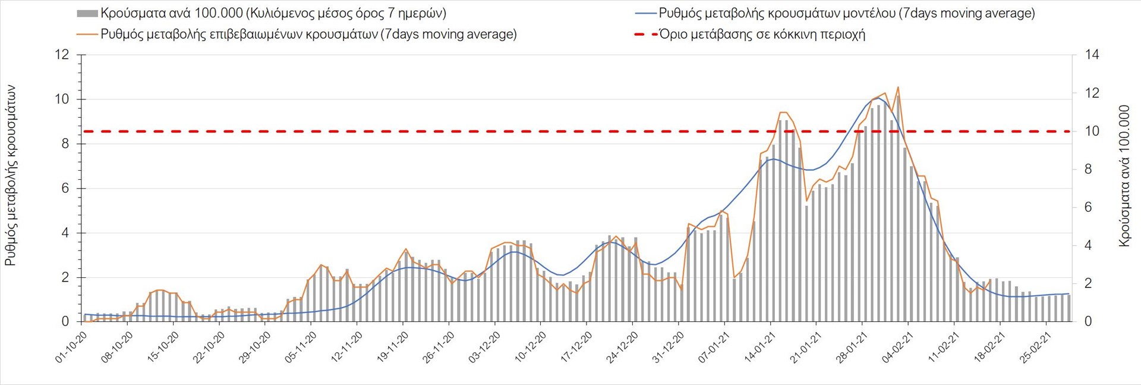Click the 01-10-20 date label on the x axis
72,348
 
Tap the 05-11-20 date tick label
301,348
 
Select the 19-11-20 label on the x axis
393,348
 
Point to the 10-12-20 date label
531,348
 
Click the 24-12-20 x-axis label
622,348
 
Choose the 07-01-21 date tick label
714,348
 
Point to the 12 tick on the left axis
62,55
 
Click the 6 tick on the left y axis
65,188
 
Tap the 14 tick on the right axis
1092,55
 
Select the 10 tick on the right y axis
1092,131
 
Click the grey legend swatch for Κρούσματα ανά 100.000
87,14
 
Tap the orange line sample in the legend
87,35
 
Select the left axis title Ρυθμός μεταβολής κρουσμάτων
11,176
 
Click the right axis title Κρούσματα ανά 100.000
1124,176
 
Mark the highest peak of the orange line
897,87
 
